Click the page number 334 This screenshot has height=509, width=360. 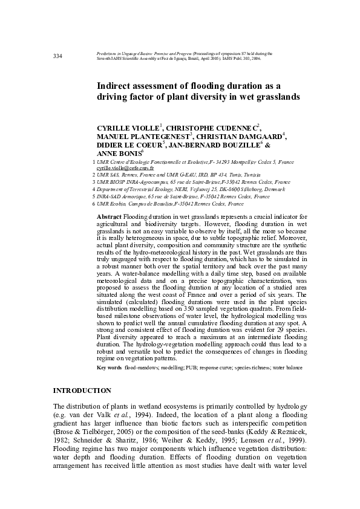[58, 57]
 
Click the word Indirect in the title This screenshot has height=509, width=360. [116, 86]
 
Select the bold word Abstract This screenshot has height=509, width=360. [110, 216]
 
